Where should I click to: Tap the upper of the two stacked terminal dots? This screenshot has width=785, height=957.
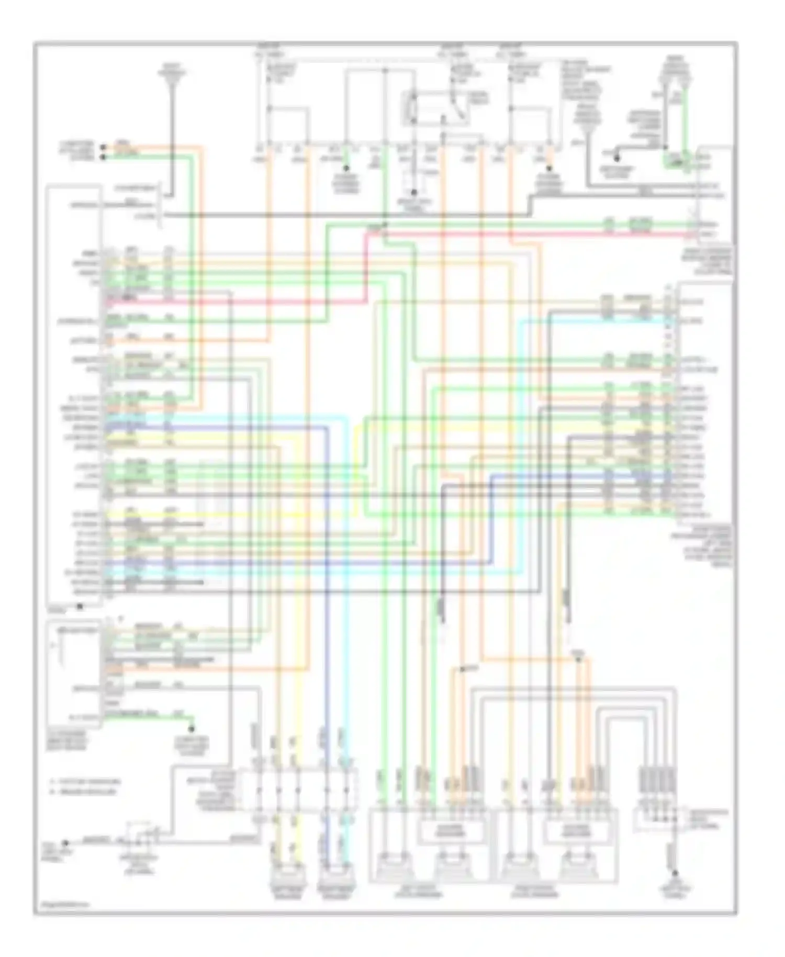pos(103,146)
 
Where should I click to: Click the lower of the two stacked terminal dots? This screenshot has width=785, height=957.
pos(103,156)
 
